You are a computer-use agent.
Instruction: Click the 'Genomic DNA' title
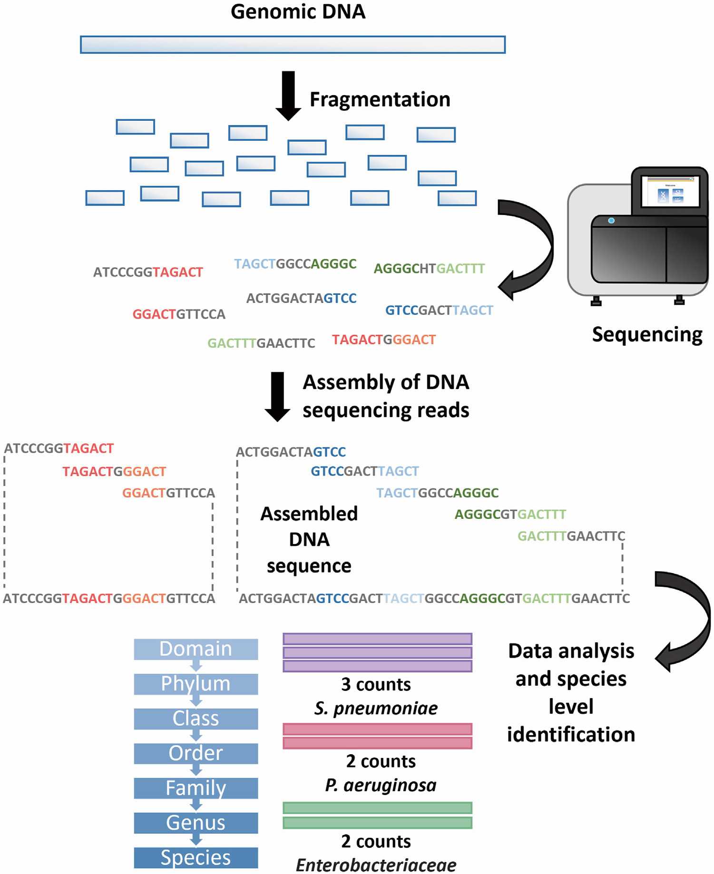pyautogui.click(x=298, y=12)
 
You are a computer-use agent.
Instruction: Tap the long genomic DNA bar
pyautogui.click(x=293, y=45)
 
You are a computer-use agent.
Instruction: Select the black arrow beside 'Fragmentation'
pyautogui.click(x=288, y=96)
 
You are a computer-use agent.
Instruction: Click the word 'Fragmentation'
pyautogui.click(x=380, y=100)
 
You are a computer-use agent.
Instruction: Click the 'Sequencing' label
pyautogui.click(x=647, y=335)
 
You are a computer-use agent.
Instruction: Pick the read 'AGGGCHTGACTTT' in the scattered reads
pyautogui.click(x=429, y=269)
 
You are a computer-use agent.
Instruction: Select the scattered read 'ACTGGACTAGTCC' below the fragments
pyautogui.click(x=301, y=299)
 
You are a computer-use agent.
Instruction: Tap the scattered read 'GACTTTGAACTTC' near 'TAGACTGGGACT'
pyautogui.click(x=261, y=343)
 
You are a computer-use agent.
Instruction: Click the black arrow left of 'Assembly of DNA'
pyautogui.click(x=277, y=397)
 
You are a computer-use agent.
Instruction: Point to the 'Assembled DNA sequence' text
pyautogui.click(x=309, y=540)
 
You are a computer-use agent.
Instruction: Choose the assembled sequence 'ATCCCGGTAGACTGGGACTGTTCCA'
pyautogui.click(x=109, y=598)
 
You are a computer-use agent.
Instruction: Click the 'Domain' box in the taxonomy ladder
pyautogui.click(x=196, y=649)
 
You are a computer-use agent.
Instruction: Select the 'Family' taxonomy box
pyautogui.click(x=196, y=788)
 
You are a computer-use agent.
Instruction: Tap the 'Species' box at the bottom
pyautogui.click(x=196, y=857)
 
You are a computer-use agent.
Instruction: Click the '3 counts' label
pyautogui.click(x=376, y=685)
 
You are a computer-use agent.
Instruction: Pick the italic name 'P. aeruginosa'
pyautogui.click(x=381, y=785)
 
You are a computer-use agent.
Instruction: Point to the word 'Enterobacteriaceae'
pyautogui.click(x=376, y=865)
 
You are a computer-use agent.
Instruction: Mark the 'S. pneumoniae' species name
pyautogui.click(x=376, y=709)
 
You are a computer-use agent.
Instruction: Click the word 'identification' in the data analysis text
pyautogui.click(x=571, y=735)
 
